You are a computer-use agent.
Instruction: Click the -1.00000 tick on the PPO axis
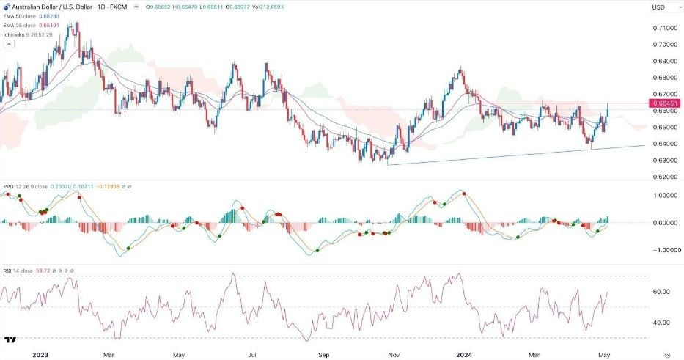click(661, 250)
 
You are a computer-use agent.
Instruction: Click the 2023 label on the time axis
click(40, 353)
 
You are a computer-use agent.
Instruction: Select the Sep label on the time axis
click(323, 353)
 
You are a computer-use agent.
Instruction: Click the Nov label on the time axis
click(395, 353)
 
